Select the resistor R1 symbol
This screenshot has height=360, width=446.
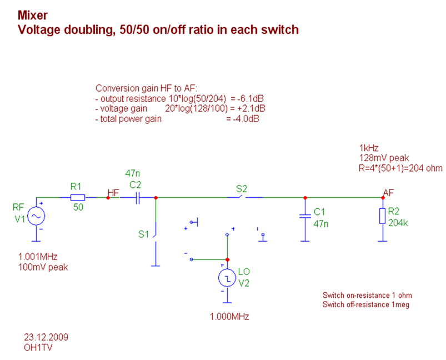coord(77,197)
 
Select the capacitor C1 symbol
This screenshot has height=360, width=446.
coord(304,217)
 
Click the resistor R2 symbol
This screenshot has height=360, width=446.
coord(382,216)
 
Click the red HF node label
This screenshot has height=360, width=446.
coord(113,192)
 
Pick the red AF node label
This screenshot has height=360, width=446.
coord(389,192)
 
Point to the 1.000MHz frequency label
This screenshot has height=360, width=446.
coord(229,317)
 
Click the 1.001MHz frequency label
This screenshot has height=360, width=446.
coord(38,257)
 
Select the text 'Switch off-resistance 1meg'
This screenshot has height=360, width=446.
coord(366,305)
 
